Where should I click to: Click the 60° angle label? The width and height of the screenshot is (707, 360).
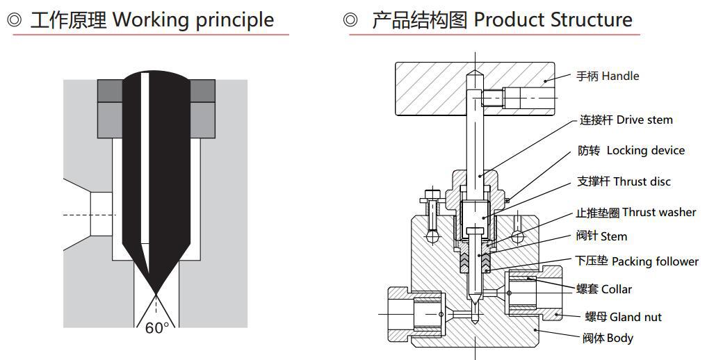click(157, 327)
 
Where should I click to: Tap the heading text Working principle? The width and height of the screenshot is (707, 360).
click(193, 20)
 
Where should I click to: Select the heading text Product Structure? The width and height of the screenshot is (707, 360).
click(553, 20)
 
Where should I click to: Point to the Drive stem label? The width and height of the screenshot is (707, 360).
click(644, 120)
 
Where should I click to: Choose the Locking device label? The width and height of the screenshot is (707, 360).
click(646, 151)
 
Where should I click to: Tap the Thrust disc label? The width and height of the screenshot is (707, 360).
click(642, 181)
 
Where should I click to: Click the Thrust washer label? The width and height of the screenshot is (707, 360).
click(659, 212)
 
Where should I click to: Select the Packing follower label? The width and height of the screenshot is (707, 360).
click(655, 262)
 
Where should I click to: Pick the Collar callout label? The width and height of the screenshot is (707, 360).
click(617, 289)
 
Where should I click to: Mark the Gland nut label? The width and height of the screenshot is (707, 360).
click(635, 317)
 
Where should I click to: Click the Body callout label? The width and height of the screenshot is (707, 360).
click(620, 338)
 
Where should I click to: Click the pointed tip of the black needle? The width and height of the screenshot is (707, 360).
click(156, 293)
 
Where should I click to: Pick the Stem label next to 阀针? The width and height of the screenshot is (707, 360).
click(614, 236)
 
